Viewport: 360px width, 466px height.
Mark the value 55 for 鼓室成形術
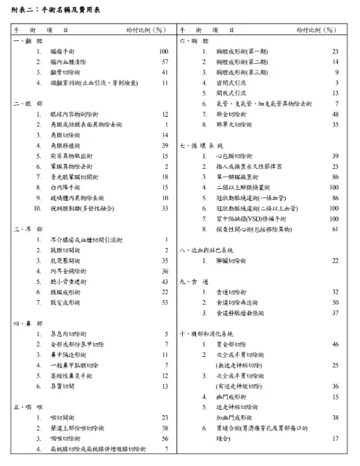click(165, 303)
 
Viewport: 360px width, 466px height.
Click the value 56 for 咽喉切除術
click(165, 439)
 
